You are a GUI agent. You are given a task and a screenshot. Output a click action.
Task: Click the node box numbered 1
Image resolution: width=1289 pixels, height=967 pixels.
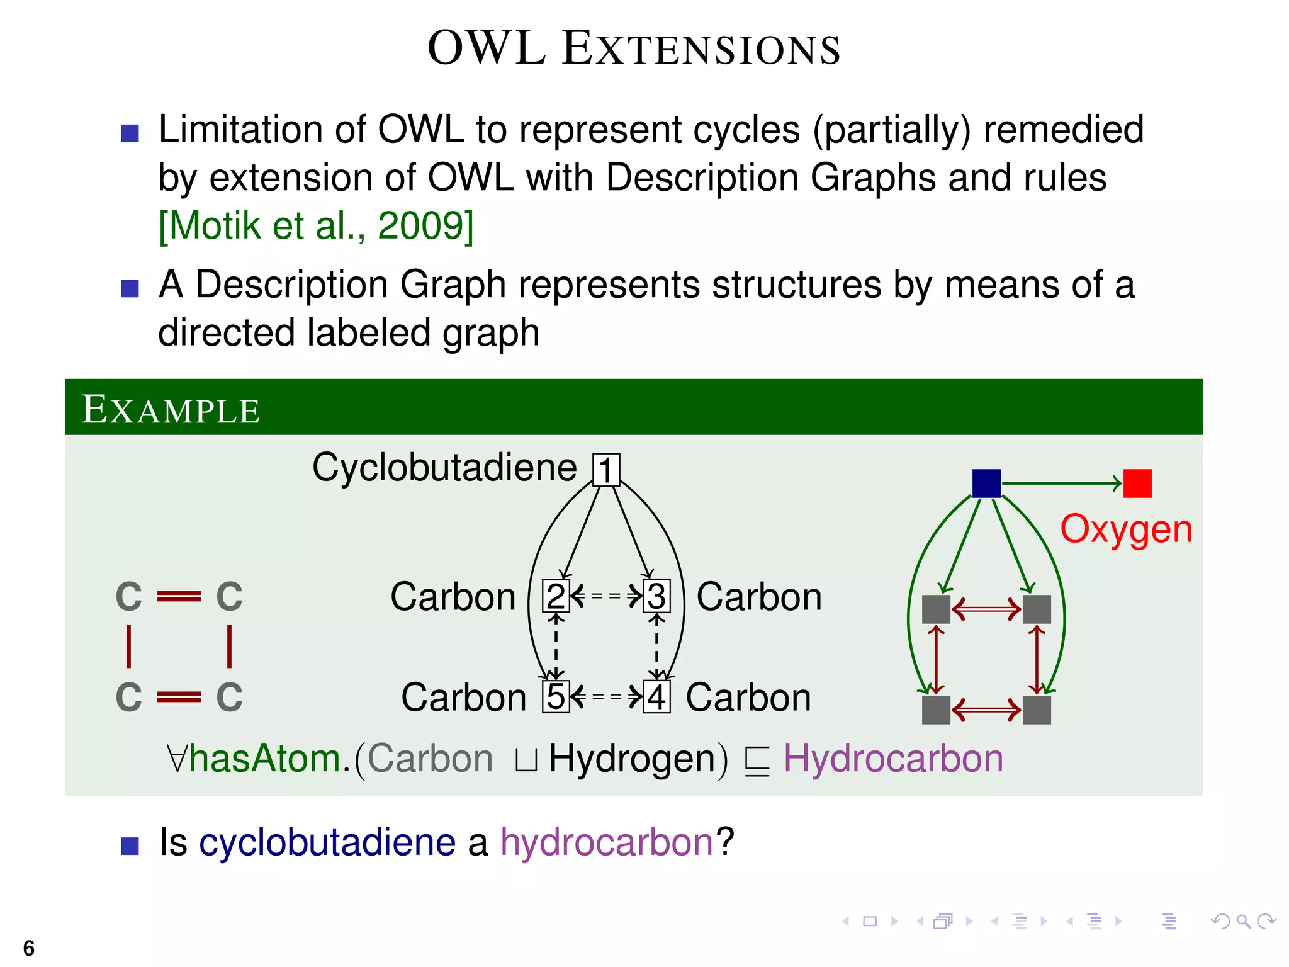click(x=606, y=470)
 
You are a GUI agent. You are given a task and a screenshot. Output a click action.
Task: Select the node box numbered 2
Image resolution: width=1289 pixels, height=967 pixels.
click(x=555, y=596)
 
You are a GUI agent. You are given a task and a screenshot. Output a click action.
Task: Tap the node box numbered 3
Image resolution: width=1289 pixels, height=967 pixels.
click(x=656, y=596)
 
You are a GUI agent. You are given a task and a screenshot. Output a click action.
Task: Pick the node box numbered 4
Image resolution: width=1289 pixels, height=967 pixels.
click(x=656, y=697)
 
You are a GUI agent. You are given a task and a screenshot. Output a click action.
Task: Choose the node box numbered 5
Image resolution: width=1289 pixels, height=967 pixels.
click(x=555, y=697)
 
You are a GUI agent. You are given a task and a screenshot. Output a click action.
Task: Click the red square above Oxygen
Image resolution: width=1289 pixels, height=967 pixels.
click(x=1137, y=483)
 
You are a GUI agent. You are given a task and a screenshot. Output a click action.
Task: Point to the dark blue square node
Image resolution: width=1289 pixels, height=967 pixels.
click(x=986, y=483)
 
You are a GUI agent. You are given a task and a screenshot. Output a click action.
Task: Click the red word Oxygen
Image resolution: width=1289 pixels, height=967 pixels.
click(x=1126, y=529)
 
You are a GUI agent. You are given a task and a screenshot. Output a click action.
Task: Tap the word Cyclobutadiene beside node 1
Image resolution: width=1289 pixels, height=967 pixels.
click(x=444, y=468)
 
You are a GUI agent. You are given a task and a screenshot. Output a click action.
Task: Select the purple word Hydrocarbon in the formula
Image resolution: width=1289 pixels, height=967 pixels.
click(x=892, y=758)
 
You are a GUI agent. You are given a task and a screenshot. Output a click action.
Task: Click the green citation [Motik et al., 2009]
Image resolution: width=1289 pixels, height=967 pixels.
click(x=316, y=225)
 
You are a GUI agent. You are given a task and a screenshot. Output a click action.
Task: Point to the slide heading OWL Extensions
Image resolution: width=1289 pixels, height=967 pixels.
click(x=634, y=48)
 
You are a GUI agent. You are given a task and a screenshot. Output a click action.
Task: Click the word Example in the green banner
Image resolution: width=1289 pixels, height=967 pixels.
click(x=171, y=410)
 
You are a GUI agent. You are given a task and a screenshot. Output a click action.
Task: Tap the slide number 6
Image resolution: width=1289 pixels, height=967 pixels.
click(x=28, y=947)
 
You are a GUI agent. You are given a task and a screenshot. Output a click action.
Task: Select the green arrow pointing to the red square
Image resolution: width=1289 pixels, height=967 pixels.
click(x=1062, y=483)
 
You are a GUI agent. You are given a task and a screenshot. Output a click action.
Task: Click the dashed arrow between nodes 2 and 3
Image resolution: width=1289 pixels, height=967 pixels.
click(x=606, y=596)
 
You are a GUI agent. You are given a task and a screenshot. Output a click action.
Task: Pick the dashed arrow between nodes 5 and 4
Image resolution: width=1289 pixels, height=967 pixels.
click(x=606, y=697)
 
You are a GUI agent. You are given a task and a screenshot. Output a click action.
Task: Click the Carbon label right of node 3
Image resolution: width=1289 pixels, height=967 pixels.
click(x=759, y=597)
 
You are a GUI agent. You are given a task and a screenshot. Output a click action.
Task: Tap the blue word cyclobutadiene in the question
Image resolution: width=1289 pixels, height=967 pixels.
click(x=327, y=842)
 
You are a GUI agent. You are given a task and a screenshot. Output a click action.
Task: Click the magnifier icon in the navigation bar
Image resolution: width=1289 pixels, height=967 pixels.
click(x=1243, y=922)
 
